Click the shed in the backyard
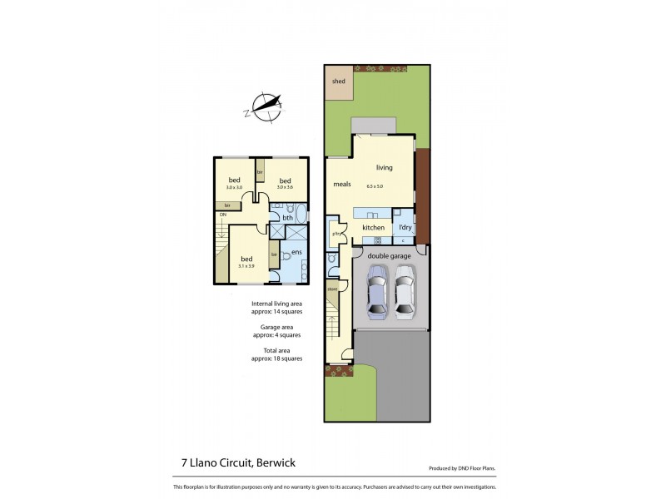click(x=339, y=82)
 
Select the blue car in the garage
click(x=377, y=290)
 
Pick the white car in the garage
click(x=404, y=290)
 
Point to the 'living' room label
click(x=384, y=167)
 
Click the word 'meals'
click(x=342, y=185)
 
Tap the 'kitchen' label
click(x=373, y=227)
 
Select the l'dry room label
click(x=405, y=227)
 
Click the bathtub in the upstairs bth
click(x=301, y=214)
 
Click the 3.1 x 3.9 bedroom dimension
click(x=246, y=266)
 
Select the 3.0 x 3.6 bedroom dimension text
click(x=285, y=188)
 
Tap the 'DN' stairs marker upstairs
click(x=223, y=215)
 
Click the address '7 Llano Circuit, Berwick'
click(x=227, y=462)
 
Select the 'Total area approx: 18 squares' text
click(x=276, y=354)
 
